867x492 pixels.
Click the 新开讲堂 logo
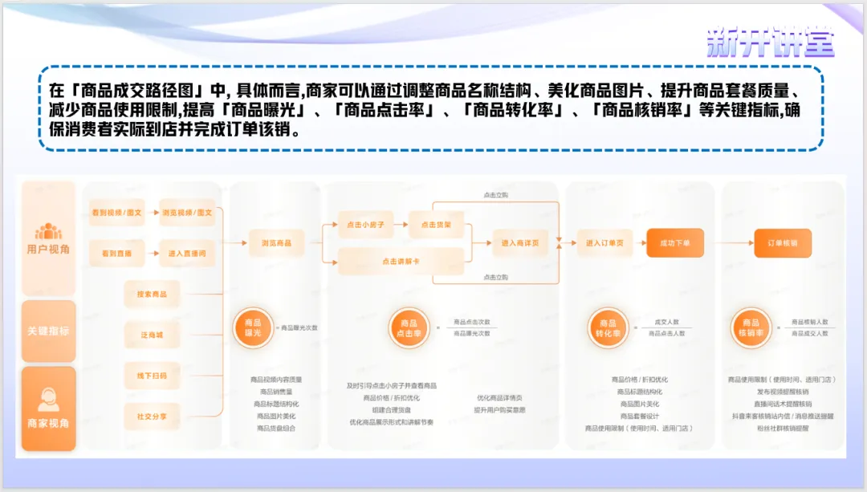point(770,42)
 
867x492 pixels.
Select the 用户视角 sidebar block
point(48,238)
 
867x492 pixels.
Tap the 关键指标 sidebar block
point(48,331)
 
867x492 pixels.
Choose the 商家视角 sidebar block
point(48,409)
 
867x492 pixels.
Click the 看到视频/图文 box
point(116,212)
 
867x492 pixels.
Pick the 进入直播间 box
point(187,253)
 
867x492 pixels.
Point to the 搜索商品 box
point(152,295)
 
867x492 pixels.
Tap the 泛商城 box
point(152,335)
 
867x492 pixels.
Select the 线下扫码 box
point(152,376)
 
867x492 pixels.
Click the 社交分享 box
point(152,417)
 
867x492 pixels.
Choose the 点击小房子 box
point(360,225)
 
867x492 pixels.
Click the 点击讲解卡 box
point(401,261)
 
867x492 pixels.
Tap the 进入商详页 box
point(520,242)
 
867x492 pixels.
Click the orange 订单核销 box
point(783,242)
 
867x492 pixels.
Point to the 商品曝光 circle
point(252,328)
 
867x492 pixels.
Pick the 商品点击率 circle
point(409,328)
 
